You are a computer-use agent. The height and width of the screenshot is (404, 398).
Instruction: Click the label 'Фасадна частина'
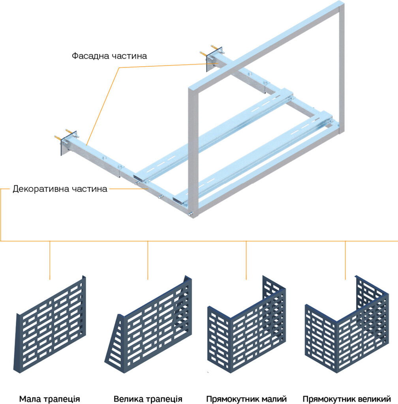[x=109, y=56]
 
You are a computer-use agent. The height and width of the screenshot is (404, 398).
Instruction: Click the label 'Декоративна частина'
[x=60, y=189]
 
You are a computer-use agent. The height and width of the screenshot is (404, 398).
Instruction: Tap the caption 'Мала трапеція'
[x=50, y=399]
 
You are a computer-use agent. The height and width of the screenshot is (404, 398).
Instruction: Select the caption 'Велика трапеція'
[x=148, y=399]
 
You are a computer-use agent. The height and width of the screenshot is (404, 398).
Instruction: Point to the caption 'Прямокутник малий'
[x=246, y=399]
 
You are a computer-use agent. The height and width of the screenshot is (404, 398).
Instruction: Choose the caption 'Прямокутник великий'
[x=346, y=399]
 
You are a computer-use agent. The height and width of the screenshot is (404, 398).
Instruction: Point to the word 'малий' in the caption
[x=274, y=399]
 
